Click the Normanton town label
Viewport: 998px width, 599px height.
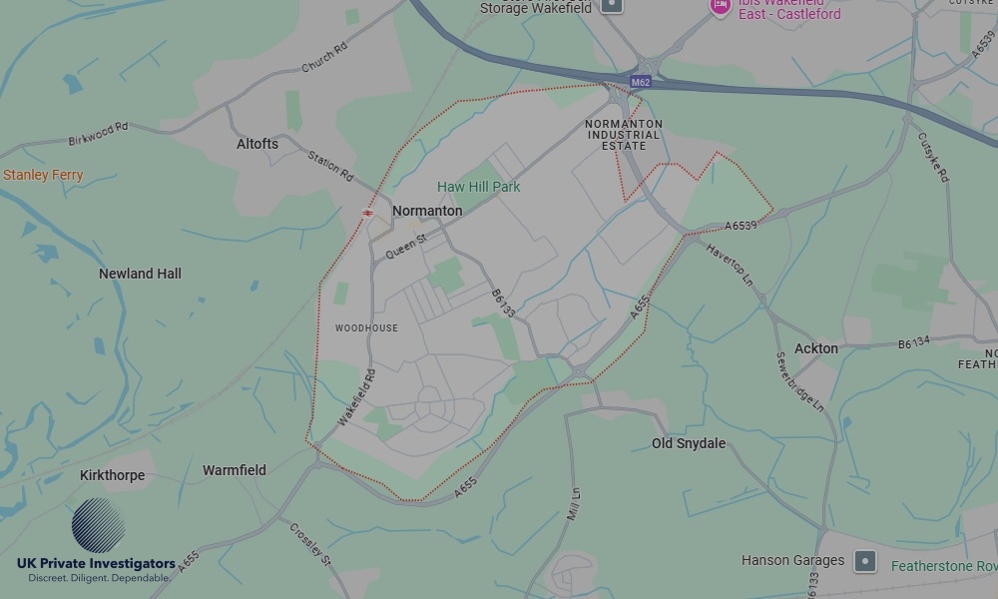(427, 212)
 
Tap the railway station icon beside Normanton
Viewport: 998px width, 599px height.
(368, 213)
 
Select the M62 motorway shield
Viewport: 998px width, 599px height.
(641, 82)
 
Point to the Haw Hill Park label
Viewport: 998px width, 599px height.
(479, 187)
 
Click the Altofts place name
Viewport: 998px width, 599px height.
(257, 144)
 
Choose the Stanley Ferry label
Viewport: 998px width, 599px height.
(43, 175)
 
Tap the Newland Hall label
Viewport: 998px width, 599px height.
(140, 274)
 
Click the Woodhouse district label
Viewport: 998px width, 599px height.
(366, 328)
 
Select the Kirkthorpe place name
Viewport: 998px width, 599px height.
(112, 475)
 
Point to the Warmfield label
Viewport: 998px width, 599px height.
(235, 470)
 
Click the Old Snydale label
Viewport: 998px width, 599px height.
(689, 443)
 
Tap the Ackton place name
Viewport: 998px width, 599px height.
(816, 348)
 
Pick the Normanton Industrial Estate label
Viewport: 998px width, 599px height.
(624, 135)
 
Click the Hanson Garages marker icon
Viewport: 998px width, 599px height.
(865, 561)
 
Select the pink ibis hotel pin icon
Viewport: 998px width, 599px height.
(720, 6)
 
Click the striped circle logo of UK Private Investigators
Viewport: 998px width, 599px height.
(99, 526)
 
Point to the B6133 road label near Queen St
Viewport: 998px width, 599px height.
(504, 304)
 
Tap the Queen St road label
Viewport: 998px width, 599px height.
(406, 247)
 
